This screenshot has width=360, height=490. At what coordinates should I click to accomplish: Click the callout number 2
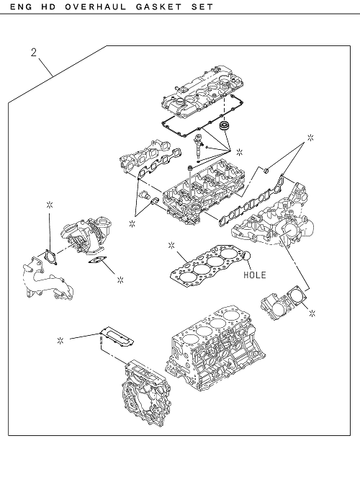(34, 52)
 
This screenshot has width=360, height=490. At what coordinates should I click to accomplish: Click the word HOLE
(255, 275)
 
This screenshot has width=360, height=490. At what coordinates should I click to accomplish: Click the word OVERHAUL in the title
(96, 6)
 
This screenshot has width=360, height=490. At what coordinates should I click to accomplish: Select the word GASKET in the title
(158, 6)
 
